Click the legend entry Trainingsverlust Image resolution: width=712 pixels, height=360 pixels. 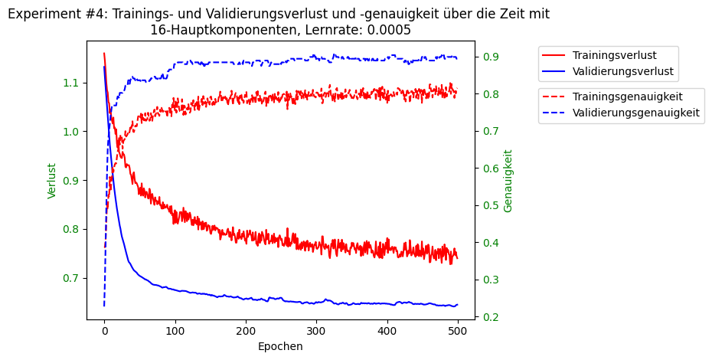click(x=614, y=55)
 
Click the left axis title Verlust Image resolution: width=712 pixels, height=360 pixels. click(x=52, y=181)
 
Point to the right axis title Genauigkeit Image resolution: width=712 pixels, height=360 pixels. click(x=508, y=181)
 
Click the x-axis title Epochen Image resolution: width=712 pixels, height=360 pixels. click(x=280, y=346)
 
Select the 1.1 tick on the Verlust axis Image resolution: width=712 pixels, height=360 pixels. click(x=70, y=83)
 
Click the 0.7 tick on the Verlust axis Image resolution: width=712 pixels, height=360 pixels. click(x=70, y=278)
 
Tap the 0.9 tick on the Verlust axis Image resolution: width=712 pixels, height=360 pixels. click(x=70, y=181)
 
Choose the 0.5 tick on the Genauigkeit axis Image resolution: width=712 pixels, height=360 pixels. click(x=491, y=206)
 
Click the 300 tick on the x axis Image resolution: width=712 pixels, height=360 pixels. click(x=316, y=331)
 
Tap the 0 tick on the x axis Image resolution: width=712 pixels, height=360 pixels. click(x=104, y=331)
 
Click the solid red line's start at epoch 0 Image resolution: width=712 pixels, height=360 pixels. click(x=104, y=54)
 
